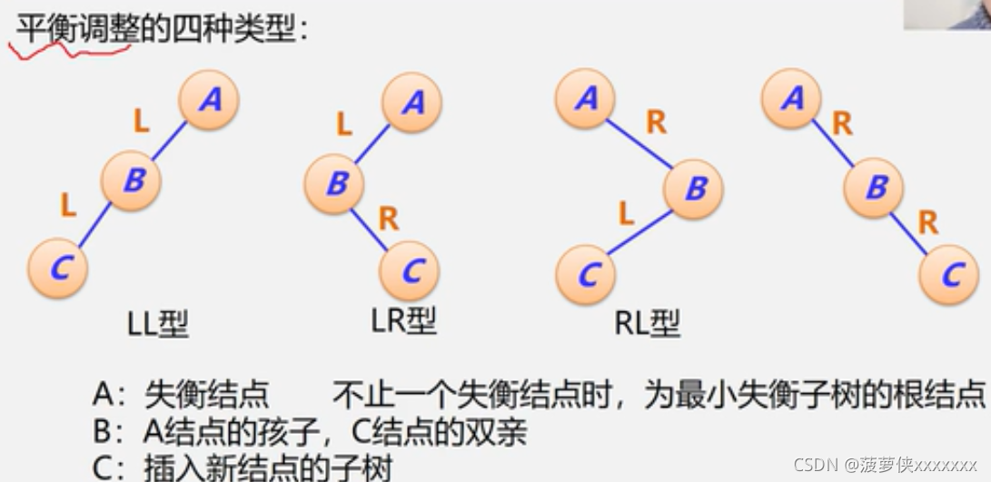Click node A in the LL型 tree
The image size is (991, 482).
coord(209,99)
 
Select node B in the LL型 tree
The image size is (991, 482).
coord(132,180)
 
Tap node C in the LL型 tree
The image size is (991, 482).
coord(57,268)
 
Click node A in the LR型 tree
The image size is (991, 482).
coord(411,102)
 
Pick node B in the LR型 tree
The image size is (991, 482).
coord(334,183)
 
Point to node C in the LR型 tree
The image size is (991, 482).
coord(411,270)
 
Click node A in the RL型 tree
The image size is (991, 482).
coord(586,98)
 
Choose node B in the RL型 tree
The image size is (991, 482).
coord(694,189)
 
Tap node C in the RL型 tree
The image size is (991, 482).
coord(586,273)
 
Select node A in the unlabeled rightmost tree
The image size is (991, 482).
coord(791,97)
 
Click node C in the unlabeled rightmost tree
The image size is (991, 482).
coord(950,273)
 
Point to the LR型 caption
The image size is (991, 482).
coord(403,320)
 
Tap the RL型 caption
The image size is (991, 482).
coord(647,323)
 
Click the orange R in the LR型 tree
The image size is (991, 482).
coord(388,218)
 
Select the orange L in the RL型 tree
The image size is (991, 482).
coord(626,214)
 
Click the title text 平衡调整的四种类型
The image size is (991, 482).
coord(160,30)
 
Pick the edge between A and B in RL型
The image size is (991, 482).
coord(639,143)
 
